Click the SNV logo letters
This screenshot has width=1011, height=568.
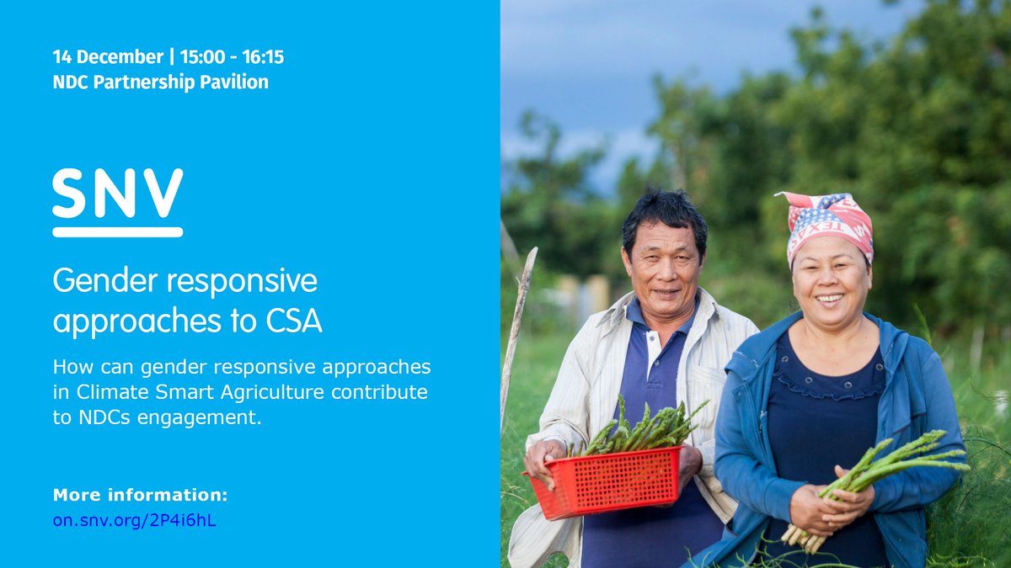click(117, 193)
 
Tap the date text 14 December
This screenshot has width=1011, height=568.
click(108, 57)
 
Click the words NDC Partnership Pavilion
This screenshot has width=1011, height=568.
click(160, 82)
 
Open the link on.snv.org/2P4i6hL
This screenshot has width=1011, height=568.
click(134, 520)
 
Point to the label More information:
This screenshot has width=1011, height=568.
click(140, 494)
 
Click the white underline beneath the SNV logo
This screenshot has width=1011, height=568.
click(117, 231)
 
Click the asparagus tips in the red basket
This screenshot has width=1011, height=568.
click(640, 427)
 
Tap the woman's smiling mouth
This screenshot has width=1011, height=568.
click(829, 298)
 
